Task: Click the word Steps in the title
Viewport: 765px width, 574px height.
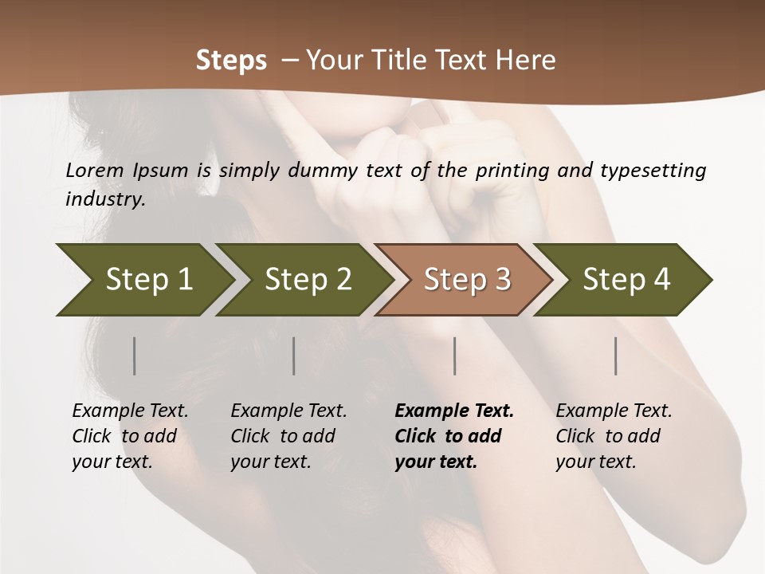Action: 231,61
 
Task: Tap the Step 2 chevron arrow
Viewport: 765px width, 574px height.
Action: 308,280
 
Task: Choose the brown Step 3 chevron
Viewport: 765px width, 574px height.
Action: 467,280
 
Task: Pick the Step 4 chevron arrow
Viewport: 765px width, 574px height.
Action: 626,280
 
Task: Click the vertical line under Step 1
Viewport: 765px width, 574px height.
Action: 135,356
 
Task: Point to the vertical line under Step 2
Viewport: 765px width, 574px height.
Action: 294,356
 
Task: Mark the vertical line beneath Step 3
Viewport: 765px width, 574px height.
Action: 455,356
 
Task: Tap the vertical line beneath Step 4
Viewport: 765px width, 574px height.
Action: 616,356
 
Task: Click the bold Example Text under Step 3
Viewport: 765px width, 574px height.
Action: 453,436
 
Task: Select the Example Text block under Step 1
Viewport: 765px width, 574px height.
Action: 130,436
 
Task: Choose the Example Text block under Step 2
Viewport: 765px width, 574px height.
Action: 288,436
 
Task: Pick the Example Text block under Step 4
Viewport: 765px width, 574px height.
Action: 614,436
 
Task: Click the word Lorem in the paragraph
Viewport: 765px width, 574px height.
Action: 95,171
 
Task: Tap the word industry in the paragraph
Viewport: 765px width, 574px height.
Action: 105,199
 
